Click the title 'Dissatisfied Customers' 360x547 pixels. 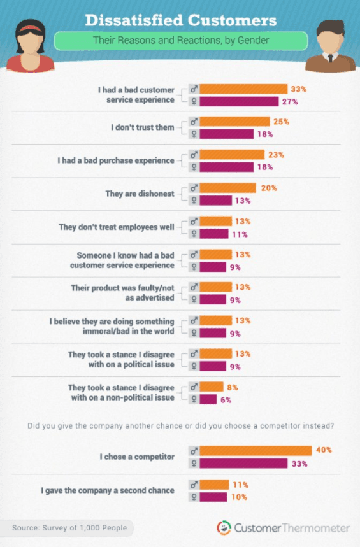point(181,20)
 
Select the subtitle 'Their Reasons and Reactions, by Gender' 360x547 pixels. point(181,41)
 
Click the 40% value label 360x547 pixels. point(324,450)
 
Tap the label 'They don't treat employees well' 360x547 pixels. point(116,227)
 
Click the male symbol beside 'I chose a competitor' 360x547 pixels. point(194,451)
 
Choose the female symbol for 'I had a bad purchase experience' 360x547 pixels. point(194,167)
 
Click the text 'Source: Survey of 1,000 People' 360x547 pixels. point(69,527)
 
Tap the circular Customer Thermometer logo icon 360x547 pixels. point(224,528)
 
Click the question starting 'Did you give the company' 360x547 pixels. point(181,426)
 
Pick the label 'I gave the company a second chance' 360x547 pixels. point(107,490)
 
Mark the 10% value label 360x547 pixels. point(239,497)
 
